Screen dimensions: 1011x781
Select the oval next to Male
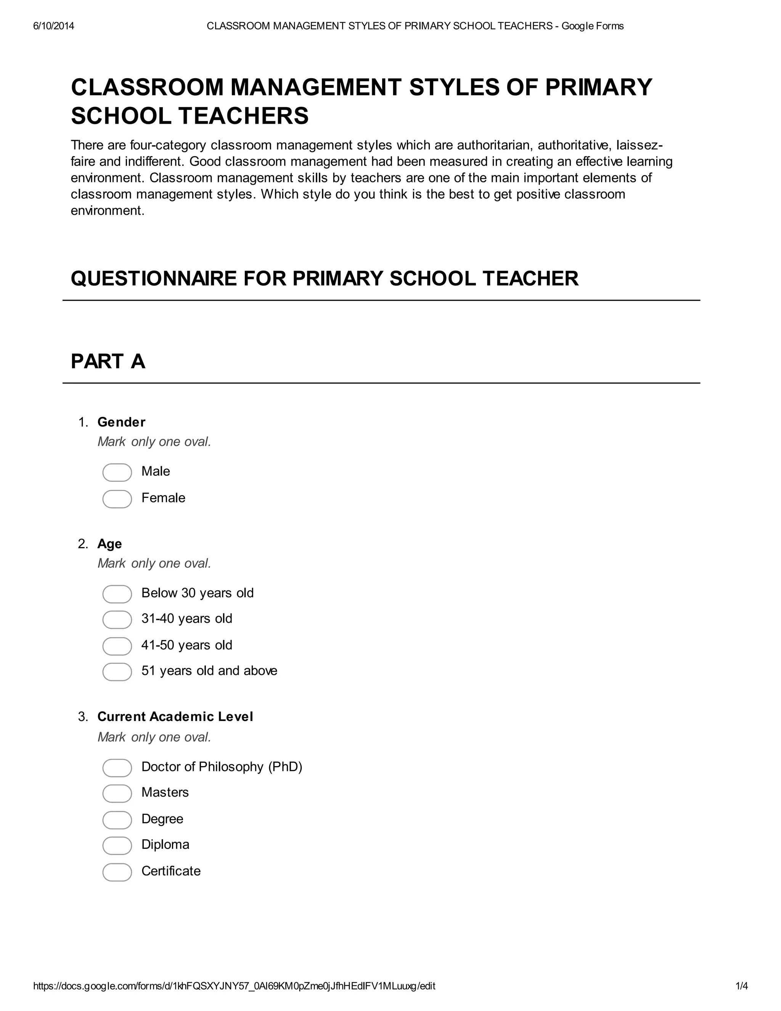click(x=117, y=472)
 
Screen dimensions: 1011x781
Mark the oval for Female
click(x=117, y=499)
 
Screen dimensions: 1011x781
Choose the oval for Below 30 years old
click(x=117, y=594)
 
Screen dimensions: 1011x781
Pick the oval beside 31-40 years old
click(x=117, y=619)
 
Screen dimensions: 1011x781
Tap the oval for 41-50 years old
click(x=117, y=646)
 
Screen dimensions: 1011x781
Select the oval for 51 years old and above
click(x=117, y=672)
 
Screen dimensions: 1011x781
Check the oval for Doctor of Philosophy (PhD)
click(x=117, y=768)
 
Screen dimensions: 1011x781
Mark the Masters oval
click(x=117, y=794)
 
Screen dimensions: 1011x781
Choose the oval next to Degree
click(x=117, y=820)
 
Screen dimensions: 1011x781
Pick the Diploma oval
click(x=117, y=845)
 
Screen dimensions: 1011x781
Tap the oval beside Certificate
click(x=117, y=872)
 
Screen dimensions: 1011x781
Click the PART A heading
click(x=108, y=362)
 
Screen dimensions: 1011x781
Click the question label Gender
click(x=121, y=422)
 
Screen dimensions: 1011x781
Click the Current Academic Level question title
click(x=175, y=716)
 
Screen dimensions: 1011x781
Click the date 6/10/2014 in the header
click(x=53, y=26)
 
